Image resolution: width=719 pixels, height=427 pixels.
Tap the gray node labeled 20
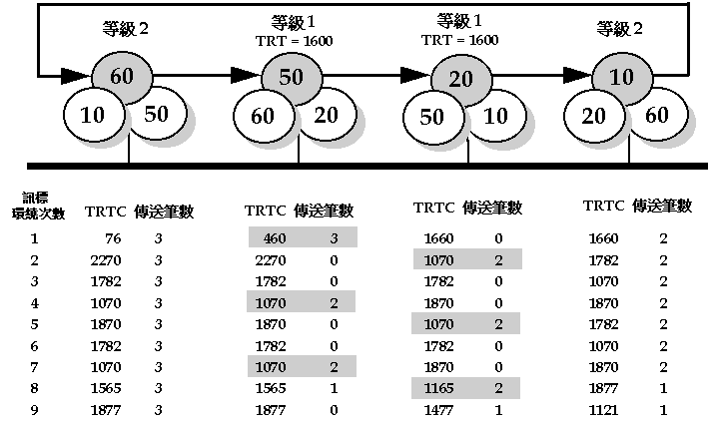click(x=460, y=80)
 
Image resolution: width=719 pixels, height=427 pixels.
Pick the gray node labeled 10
click(x=622, y=77)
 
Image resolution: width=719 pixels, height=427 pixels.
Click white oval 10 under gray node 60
click(x=93, y=114)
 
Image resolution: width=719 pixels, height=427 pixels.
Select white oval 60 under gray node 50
click(x=263, y=116)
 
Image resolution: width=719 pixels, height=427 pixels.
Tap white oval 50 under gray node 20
click(x=431, y=118)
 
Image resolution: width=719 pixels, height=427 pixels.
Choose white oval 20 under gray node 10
click(x=593, y=117)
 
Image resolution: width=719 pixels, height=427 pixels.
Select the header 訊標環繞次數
click(x=39, y=208)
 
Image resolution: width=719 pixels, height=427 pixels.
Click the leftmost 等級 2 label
click(x=126, y=30)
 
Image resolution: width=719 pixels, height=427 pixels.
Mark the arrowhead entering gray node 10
click(x=577, y=76)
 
